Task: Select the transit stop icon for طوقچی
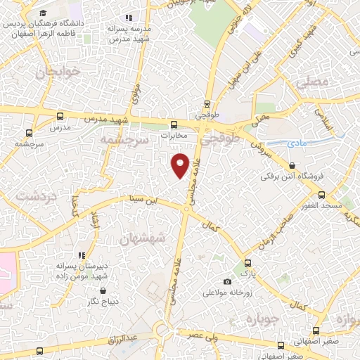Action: point(207,101)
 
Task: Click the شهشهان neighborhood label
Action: point(143,239)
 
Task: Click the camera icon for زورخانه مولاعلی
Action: point(226,282)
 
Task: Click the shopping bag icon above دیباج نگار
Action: point(103,290)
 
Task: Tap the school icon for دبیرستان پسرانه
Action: point(82,255)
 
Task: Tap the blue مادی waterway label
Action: point(298,143)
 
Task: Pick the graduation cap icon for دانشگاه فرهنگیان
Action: point(43,13)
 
